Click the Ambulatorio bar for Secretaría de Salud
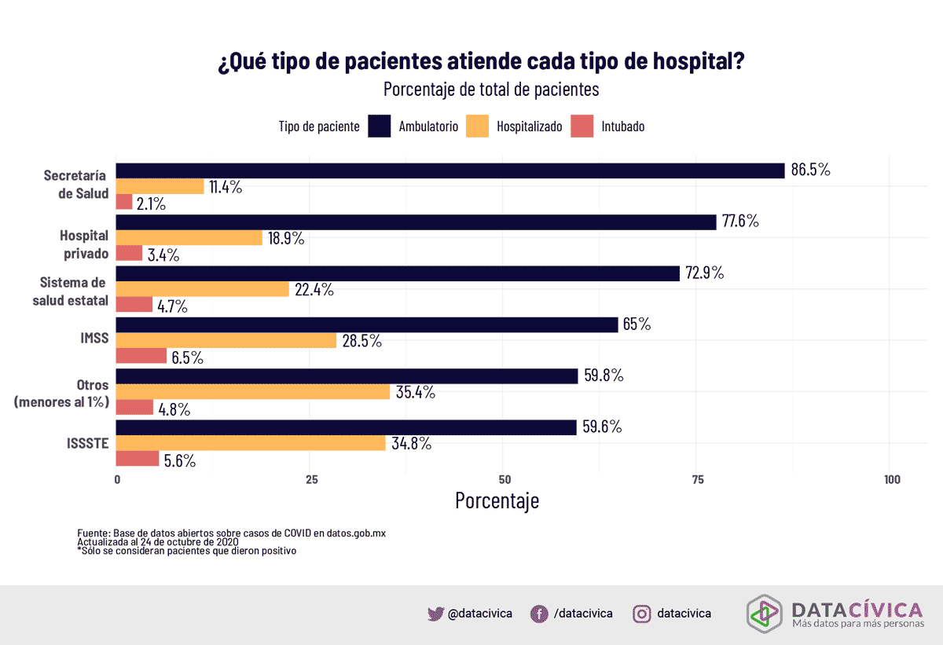[x=450, y=170]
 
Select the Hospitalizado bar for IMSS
[x=226, y=340]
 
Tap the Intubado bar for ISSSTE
[x=138, y=460]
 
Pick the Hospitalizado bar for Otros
[x=253, y=391]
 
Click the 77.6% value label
[x=741, y=222]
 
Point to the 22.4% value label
[x=314, y=290]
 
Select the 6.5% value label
[x=187, y=357]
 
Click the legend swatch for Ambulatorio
[x=380, y=126]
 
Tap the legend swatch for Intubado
[x=582, y=126]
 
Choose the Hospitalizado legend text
[x=529, y=126]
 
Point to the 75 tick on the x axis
[x=697, y=480]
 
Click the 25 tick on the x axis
[x=311, y=480]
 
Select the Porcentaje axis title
[x=497, y=500]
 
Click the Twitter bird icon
[x=436, y=614]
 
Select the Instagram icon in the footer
[x=642, y=614]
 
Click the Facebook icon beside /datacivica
[x=539, y=614]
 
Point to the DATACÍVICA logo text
[x=857, y=609]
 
